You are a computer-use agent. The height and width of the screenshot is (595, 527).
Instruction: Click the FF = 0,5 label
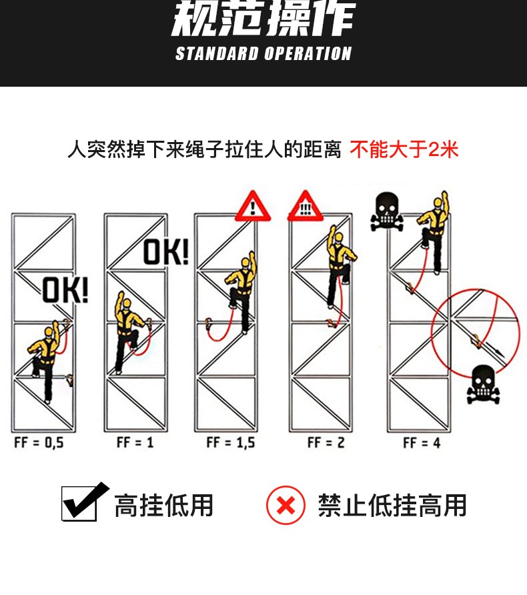tap(39, 442)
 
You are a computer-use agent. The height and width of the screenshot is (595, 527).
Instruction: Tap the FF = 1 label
tap(135, 442)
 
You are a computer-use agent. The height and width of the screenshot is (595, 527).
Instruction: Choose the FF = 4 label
tap(422, 442)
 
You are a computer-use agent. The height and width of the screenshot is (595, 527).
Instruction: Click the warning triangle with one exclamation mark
tap(253, 206)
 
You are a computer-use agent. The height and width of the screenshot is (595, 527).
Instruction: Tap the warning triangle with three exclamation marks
tap(305, 206)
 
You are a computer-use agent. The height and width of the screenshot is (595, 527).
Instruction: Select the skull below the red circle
tap(484, 385)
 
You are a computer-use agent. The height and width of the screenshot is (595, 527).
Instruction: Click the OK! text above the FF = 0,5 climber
tap(65, 291)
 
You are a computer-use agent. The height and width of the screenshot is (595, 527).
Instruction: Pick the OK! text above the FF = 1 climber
tap(166, 252)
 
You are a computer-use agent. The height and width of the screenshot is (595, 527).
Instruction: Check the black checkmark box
tap(83, 502)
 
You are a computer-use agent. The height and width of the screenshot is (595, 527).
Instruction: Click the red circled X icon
tap(286, 505)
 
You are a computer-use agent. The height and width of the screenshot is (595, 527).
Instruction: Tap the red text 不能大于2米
tap(404, 149)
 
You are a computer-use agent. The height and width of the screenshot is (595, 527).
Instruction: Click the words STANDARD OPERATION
tap(263, 54)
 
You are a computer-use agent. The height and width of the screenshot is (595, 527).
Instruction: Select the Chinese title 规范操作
tap(263, 20)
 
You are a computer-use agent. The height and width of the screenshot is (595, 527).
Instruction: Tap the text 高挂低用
tap(163, 506)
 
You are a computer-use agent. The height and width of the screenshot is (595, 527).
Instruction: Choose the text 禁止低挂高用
tap(392, 506)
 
